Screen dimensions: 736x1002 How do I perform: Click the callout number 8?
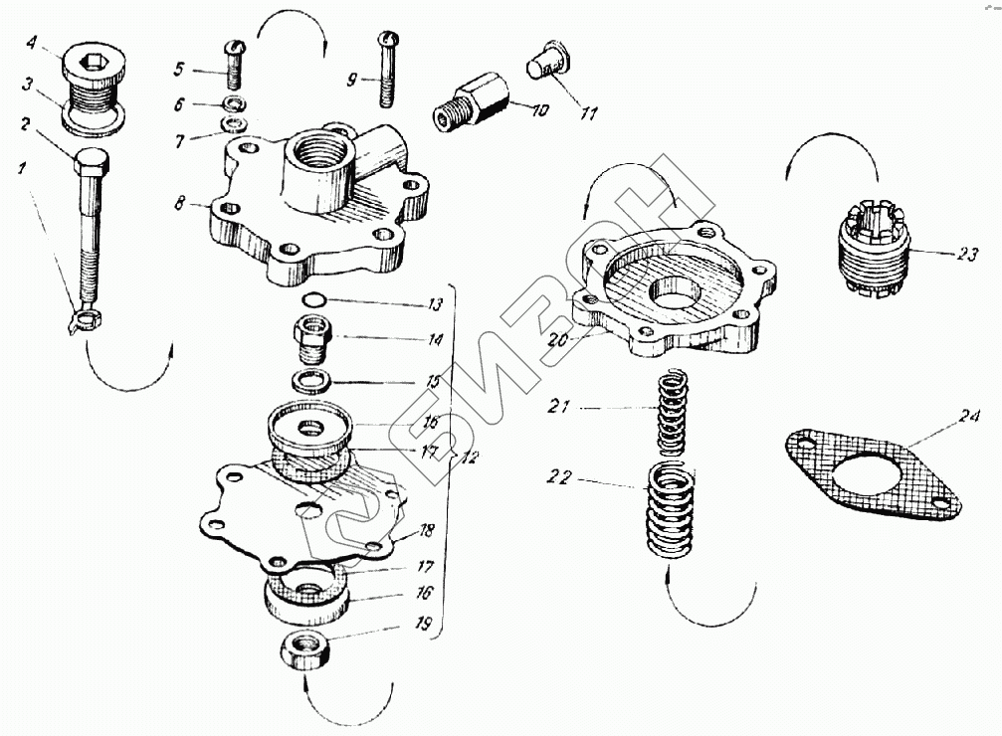click(179, 203)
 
